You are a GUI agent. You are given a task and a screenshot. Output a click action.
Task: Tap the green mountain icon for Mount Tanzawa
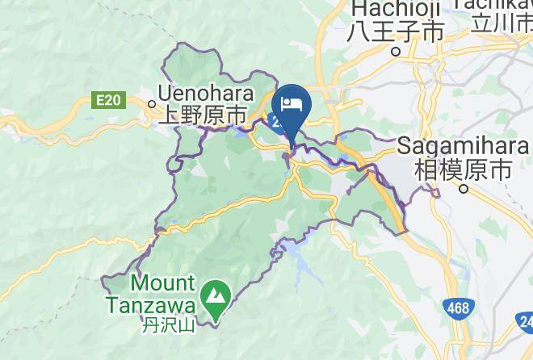click(216, 296)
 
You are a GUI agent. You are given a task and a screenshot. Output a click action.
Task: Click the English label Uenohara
click(206, 94)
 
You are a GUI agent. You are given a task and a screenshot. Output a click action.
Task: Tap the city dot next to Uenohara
click(152, 103)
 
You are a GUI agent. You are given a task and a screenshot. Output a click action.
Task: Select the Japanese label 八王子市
click(396, 31)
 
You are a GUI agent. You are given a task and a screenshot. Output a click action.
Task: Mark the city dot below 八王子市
click(396, 51)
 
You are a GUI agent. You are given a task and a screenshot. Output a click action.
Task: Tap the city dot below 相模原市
click(464, 189)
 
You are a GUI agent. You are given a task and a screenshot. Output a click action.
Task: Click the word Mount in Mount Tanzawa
click(162, 284)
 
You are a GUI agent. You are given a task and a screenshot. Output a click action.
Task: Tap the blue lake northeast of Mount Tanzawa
click(294, 261)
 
